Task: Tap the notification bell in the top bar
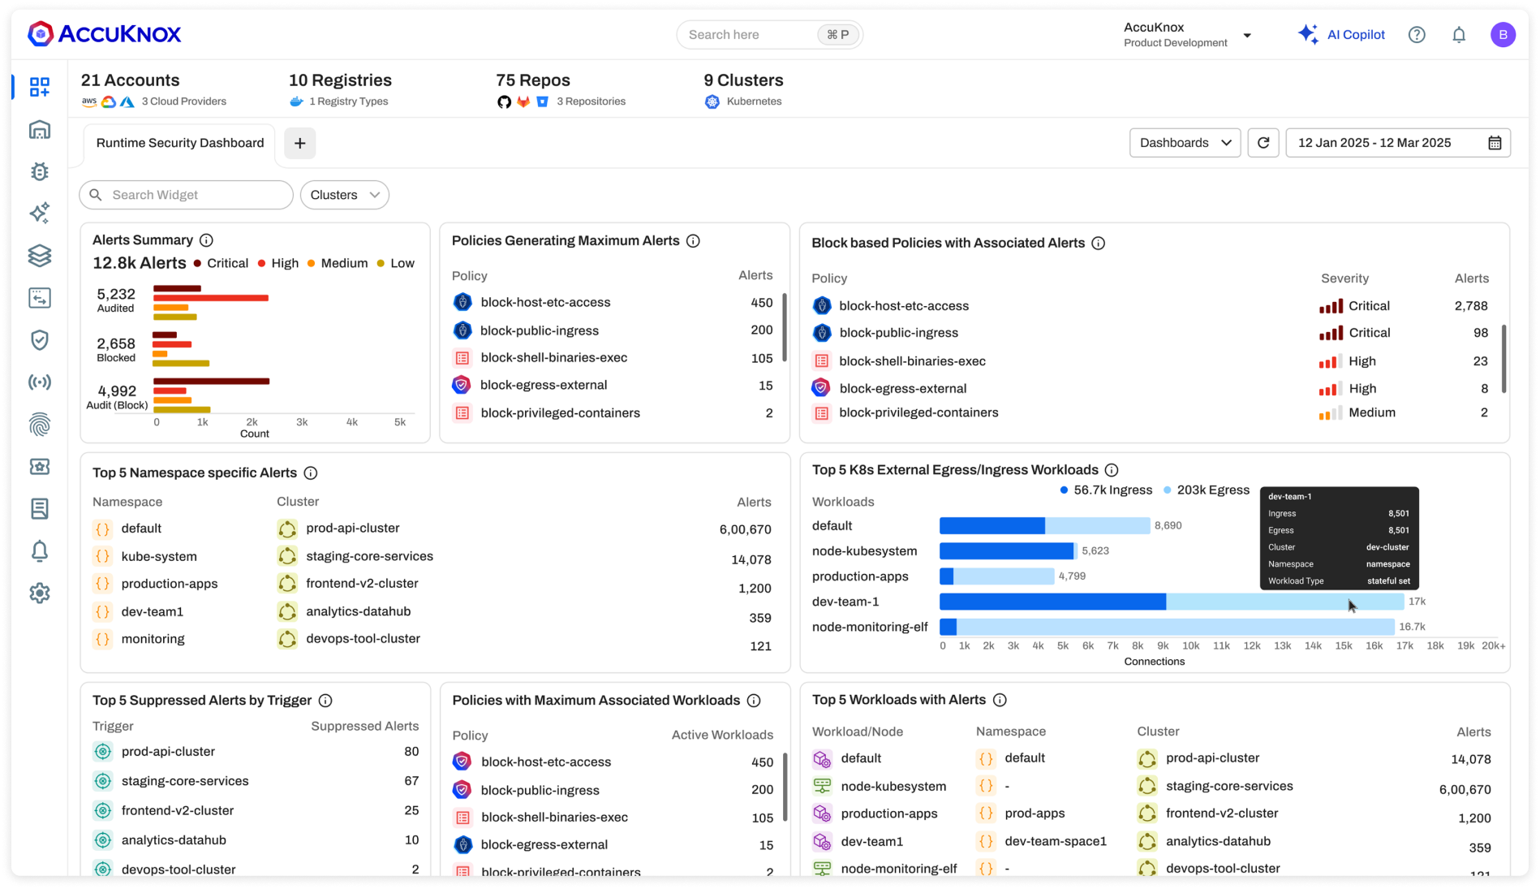coord(1458,35)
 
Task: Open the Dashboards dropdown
coord(1185,143)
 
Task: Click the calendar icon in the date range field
coord(1495,143)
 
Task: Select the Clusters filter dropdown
coord(344,195)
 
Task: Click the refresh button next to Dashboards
coord(1263,143)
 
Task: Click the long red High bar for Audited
coord(211,298)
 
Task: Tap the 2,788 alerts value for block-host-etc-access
coord(1470,306)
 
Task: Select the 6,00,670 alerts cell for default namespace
coord(745,530)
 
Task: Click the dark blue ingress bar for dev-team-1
coord(1052,602)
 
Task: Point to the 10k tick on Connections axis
coord(1190,646)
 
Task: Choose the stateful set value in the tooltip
coord(1387,581)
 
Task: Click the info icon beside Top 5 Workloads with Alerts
coord(1000,700)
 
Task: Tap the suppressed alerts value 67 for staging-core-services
coord(411,781)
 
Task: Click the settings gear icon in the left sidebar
coord(39,593)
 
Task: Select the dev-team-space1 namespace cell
coord(1055,842)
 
